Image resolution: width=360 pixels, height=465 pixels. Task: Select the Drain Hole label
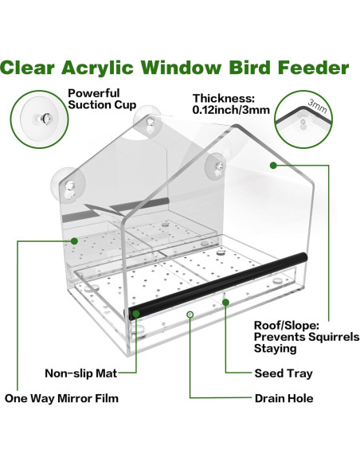pos(284,398)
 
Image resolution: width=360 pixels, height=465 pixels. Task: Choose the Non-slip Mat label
pos(79,373)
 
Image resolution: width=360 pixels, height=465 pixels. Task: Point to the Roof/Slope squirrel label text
pos(306,336)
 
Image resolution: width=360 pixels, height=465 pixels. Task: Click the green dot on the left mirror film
pos(74,240)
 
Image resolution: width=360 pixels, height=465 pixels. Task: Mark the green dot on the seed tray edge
pos(226,303)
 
